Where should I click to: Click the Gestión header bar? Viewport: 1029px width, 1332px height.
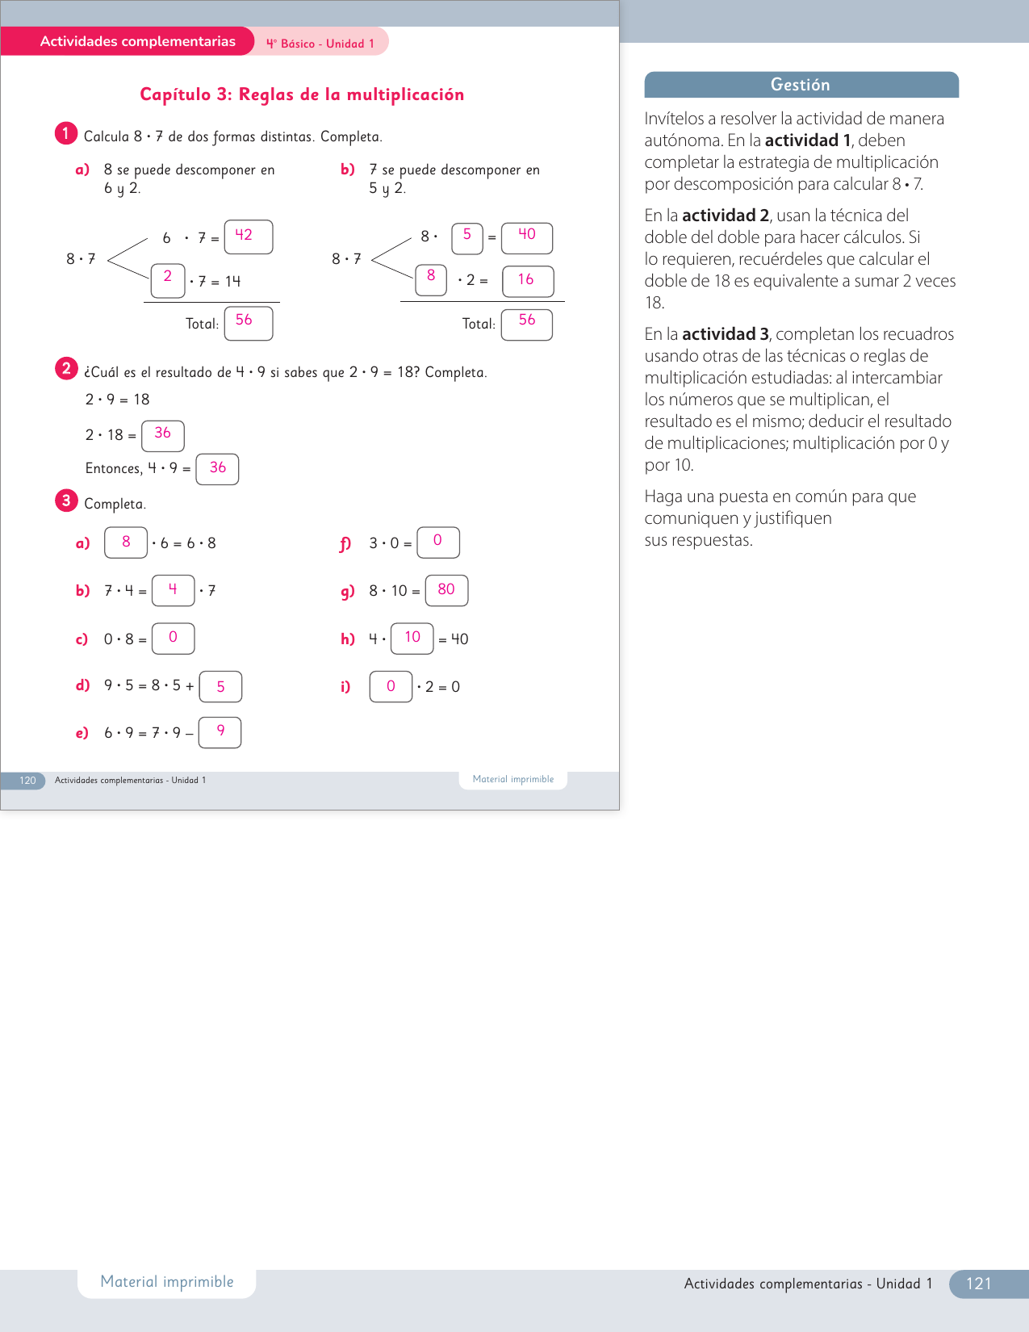(x=801, y=85)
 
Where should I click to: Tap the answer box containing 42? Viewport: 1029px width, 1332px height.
(x=248, y=237)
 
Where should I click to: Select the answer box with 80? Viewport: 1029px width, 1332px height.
(x=446, y=590)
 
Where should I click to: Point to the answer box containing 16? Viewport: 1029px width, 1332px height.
(x=527, y=281)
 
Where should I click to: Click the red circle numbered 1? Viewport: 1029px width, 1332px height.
(x=66, y=133)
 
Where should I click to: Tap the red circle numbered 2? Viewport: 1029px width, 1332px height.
(x=66, y=369)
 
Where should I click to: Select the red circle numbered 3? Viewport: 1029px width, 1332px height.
(x=66, y=501)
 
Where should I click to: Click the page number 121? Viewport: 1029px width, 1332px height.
(x=978, y=1284)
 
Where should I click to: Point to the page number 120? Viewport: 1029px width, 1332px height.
(x=27, y=781)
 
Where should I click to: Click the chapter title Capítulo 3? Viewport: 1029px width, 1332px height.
(x=302, y=94)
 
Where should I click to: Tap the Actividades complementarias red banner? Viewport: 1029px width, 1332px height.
(x=137, y=41)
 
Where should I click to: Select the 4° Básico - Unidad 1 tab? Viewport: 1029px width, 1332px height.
(x=320, y=44)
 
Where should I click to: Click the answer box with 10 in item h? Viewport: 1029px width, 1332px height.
(x=412, y=638)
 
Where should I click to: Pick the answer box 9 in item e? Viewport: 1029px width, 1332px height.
(x=220, y=732)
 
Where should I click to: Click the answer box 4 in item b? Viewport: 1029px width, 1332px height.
(x=173, y=590)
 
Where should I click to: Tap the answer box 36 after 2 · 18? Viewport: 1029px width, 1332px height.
(x=162, y=435)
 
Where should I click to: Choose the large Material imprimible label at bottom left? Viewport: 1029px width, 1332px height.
(x=167, y=1282)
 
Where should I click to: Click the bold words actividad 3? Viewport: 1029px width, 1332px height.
(x=725, y=334)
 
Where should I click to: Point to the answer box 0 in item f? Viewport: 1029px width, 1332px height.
(x=437, y=542)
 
